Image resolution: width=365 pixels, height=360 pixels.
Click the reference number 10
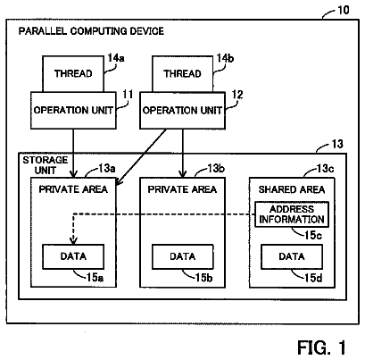click(x=343, y=10)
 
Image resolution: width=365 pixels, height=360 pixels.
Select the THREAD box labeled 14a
click(x=73, y=74)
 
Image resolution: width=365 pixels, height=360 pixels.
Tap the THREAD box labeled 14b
click(x=182, y=74)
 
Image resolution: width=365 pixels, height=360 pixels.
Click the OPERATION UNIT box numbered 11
click(x=73, y=110)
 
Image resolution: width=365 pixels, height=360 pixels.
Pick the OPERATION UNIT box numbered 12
click(x=182, y=110)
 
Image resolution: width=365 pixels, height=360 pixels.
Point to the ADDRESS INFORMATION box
click(x=292, y=214)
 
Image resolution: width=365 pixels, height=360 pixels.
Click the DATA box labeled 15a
click(x=73, y=256)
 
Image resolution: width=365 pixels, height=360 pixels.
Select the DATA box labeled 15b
click(x=182, y=256)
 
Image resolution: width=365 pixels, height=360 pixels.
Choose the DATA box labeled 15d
click(x=292, y=256)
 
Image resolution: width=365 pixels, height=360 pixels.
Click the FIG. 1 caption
click(x=321, y=347)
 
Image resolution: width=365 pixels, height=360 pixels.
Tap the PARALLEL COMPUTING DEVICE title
click(x=91, y=31)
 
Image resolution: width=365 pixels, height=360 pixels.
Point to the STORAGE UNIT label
click(x=46, y=165)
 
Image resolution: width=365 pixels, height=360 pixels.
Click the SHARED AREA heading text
click(x=292, y=189)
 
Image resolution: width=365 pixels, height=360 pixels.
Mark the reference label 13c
click(x=325, y=169)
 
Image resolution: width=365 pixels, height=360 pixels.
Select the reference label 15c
click(x=313, y=235)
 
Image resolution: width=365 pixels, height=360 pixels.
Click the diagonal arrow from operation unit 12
click(x=141, y=157)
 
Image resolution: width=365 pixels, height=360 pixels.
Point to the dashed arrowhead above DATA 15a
click(x=73, y=240)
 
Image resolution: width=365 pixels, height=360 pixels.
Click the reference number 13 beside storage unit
click(x=337, y=144)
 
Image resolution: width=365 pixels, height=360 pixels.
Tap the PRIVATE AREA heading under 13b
click(x=182, y=189)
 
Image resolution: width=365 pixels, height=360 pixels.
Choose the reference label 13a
click(x=107, y=169)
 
